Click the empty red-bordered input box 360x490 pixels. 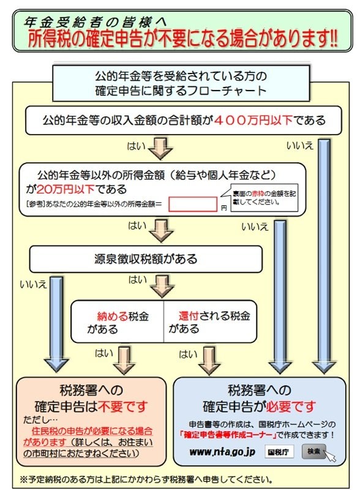tap(193, 204)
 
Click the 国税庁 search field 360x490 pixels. tap(280, 453)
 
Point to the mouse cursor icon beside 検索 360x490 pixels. tap(330, 456)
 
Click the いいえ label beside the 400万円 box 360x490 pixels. tap(300, 145)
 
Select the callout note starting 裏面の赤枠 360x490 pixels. tap(264, 197)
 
